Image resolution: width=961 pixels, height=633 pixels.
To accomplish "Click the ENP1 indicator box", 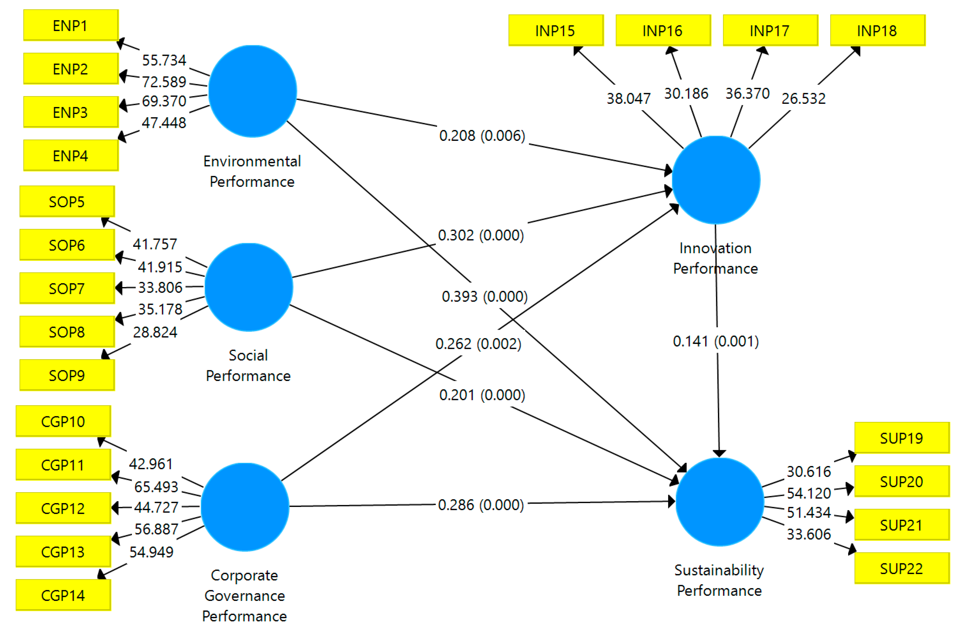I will [x=71, y=25].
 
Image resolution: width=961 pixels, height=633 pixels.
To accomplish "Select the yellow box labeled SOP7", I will [x=67, y=288].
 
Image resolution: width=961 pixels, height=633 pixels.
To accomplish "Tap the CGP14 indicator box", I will [x=64, y=596].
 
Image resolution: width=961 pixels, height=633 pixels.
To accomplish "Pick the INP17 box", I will [x=770, y=31].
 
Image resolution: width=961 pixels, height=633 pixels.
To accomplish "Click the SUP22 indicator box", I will [x=902, y=569].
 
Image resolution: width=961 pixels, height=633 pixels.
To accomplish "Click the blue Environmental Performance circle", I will [x=253, y=91].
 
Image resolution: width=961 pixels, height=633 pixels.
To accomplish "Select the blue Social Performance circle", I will [x=249, y=287].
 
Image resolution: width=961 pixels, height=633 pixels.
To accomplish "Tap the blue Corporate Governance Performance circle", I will [x=245, y=507].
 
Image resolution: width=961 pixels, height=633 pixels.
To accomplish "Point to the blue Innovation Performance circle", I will [x=716, y=180].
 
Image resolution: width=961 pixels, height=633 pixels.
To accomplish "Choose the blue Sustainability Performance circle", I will [x=720, y=502].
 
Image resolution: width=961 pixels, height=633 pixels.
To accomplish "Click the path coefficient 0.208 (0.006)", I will [x=482, y=136].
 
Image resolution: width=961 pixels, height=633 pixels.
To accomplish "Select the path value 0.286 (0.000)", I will [x=481, y=505].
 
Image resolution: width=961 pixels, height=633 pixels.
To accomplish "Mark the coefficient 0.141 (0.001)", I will [x=716, y=341].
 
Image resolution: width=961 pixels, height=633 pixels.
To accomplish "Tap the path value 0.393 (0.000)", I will [x=484, y=297].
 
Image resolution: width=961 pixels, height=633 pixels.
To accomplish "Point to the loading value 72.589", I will [x=164, y=82].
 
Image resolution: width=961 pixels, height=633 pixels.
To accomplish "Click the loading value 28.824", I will [x=155, y=332].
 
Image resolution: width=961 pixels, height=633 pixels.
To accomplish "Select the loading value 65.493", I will [x=156, y=487].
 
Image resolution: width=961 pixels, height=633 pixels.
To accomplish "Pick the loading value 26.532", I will [x=804, y=98].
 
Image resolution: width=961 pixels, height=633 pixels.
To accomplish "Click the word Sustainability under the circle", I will [x=719, y=570].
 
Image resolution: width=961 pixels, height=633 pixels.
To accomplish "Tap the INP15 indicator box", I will [x=556, y=31].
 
